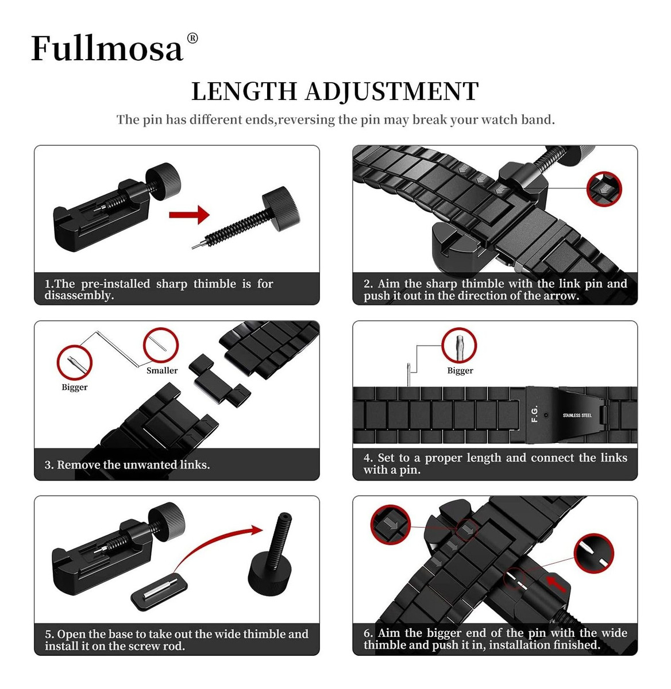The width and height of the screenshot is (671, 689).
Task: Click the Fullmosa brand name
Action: pyautogui.click(x=107, y=48)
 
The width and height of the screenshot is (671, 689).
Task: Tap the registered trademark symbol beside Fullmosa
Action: pyautogui.click(x=192, y=38)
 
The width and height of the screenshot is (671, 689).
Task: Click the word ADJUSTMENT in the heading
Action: pyautogui.click(x=392, y=92)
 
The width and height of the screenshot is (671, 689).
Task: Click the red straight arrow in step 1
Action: pyautogui.click(x=189, y=215)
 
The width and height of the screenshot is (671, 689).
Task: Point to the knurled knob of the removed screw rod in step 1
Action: pyautogui.click(x=281, y=208)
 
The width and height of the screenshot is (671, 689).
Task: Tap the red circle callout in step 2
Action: pyautogui.click(x=604, y=189)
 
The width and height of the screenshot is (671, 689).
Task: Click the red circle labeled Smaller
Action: pyautogui.click(x=160, y=345)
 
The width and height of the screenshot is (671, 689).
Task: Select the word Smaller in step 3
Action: pyautogui.click(x=162, y=370)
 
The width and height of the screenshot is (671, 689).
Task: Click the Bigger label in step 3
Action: pyautogui.click(x=75, y=386)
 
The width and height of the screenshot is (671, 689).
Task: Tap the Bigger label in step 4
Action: pyautogui.click(x=460, y=370)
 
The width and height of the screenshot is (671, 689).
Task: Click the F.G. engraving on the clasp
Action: pyautogui.click(x=535, y=414)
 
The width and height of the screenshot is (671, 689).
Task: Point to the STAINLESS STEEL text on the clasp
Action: pyautogui.click(x=577, y=415)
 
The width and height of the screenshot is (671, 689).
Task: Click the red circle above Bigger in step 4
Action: pyautogui.click(x=459, y=345)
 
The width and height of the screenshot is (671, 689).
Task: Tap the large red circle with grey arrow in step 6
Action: pyautogui.click(x=391, y=525)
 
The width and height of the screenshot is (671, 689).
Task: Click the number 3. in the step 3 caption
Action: pyautogui.click(x=49, y=465)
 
